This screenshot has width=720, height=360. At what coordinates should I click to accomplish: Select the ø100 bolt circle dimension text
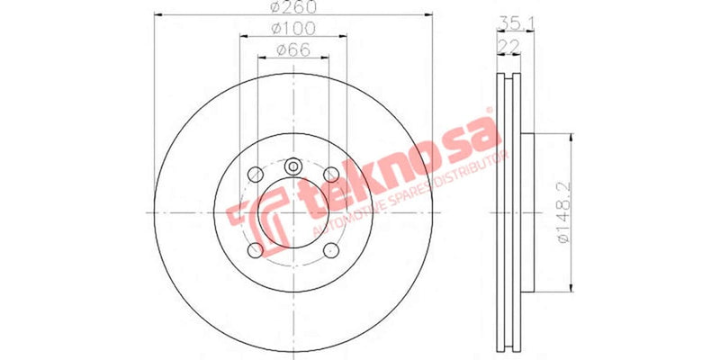[292, 30]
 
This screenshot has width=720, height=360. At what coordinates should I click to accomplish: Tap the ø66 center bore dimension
[292, 50]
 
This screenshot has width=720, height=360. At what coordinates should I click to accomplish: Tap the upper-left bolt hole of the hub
[256, 174]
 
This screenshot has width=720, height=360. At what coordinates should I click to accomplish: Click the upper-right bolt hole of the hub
[330, 174]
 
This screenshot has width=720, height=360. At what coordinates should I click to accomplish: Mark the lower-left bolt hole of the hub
[256, 249]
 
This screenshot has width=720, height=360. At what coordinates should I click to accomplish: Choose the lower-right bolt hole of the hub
[330, 249]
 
